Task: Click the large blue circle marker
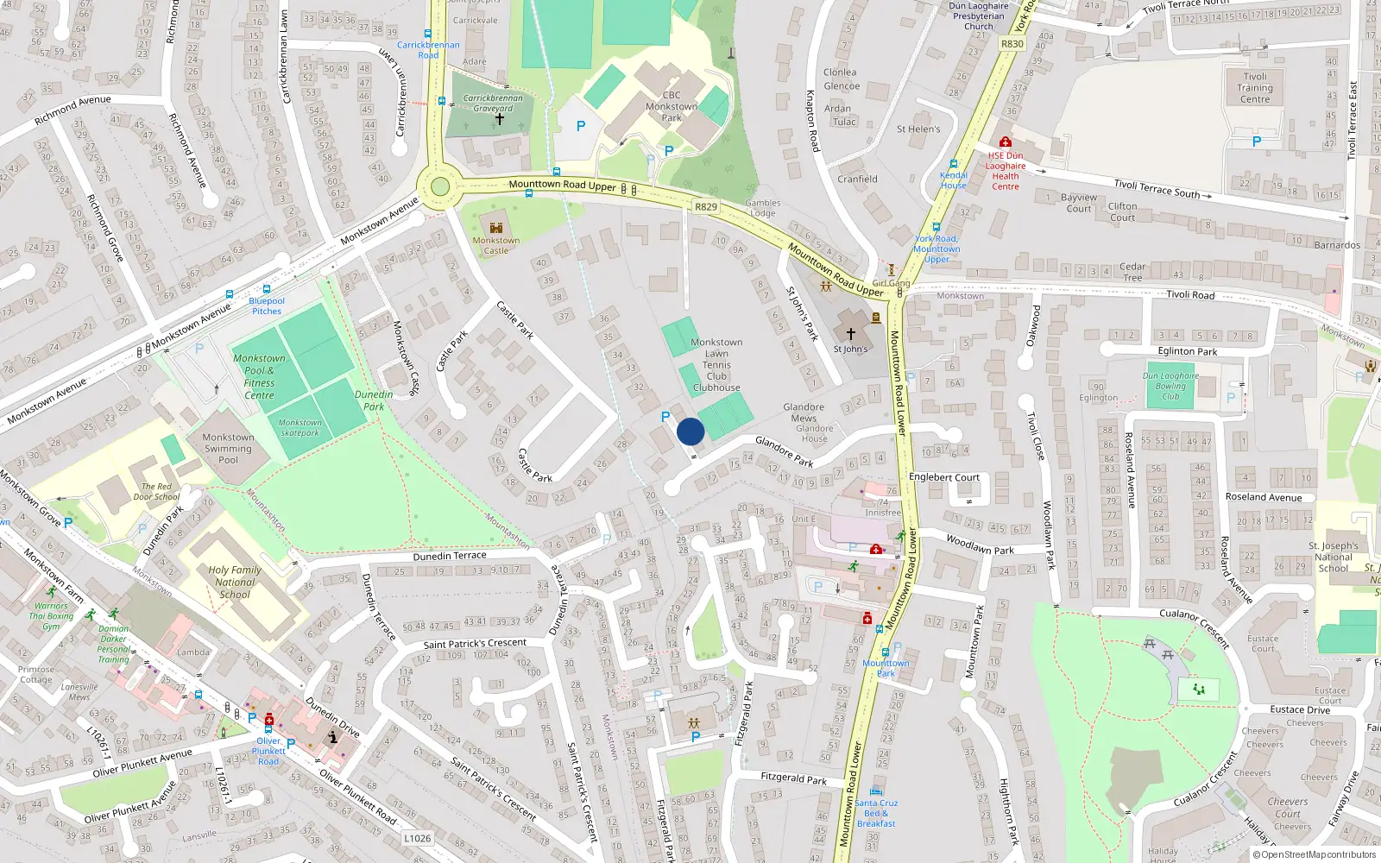(690, 431)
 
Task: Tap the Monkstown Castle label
(495, 246)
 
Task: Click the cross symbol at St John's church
(850, 334)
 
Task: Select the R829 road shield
(706, 206)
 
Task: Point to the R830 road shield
(1012, 44)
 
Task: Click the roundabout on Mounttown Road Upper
(440, 186)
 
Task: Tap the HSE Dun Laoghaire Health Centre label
(1006, 171)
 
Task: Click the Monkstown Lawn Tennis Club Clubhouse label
(716, 365)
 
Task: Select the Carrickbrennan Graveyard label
(493, 103)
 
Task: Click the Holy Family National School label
(234, 582)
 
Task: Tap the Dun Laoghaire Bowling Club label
(1170, 386)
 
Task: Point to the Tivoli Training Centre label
(1255, 87)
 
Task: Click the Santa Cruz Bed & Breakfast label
(876, 813)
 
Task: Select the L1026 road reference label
(418, 838)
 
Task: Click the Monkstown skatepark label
(300, 427)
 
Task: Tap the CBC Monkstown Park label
(672, 106)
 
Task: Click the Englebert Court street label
(943, 477)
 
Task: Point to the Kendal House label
(953, 180)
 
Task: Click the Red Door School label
(156, 491)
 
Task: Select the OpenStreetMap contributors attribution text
(1315, 854)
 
